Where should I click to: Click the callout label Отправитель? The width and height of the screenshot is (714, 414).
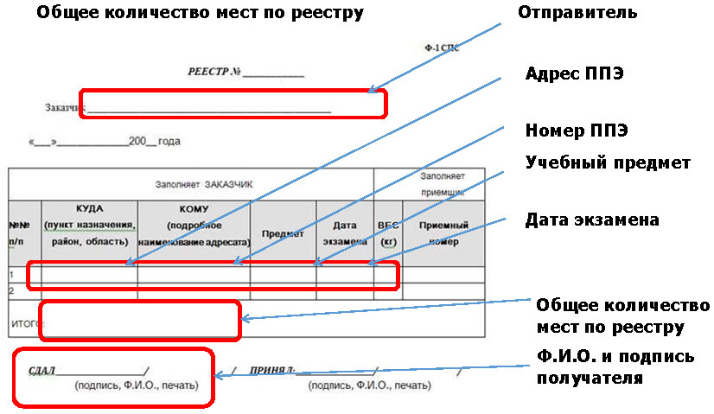[x=577, y=13]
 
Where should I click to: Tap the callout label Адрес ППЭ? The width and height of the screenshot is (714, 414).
[x=575, y=74]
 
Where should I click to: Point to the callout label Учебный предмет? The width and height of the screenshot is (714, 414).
[x=608, y=162]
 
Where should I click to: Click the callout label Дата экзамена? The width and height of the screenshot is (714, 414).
[x=592, y=220]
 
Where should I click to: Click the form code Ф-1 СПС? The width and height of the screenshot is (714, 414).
[x=440, y=49]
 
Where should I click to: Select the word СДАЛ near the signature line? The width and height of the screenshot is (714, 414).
[x=41, y=371]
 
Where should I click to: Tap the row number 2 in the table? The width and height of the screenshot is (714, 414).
[x=13, y=290]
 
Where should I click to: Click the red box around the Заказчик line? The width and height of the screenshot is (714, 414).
[x=233, y=104]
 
